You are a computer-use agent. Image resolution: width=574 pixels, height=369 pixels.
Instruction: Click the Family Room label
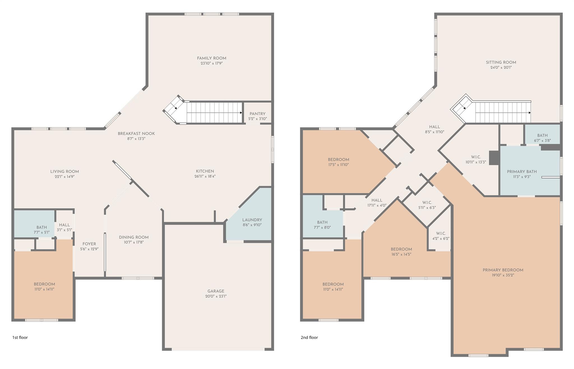[x=212, y=58]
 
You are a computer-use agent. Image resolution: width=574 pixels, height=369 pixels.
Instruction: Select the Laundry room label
[x=252, y=220]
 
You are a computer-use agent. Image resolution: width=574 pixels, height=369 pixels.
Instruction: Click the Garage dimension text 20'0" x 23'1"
[x=216, y=296]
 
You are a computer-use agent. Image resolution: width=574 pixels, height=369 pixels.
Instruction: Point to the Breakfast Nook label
[x=136, y=134]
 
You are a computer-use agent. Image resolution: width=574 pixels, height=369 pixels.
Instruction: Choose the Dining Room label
[x=134, y=237]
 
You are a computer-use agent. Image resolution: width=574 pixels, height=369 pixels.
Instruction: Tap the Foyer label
[x=89, y=244]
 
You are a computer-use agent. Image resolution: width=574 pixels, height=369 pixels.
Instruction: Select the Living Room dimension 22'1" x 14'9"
[x=64, y=177]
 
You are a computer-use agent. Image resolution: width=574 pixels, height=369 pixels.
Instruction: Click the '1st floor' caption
[x=20, y=337]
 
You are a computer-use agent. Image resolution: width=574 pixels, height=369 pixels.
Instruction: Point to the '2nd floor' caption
[x=309, y=337]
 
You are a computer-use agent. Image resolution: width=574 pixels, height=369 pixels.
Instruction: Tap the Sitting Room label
[x=501, y=63]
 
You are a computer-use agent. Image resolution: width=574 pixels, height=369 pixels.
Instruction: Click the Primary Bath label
[x=522, y=172]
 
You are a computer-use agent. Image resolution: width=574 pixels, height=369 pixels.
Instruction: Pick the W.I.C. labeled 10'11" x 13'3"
[x=476, y=159]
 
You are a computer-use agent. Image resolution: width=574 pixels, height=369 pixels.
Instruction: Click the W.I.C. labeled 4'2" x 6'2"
[x=441, y=236]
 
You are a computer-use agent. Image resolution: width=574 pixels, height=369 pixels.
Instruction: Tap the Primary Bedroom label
[x=503, y=270]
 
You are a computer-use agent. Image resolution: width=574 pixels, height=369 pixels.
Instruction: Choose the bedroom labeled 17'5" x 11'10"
[x=339, y=162]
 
